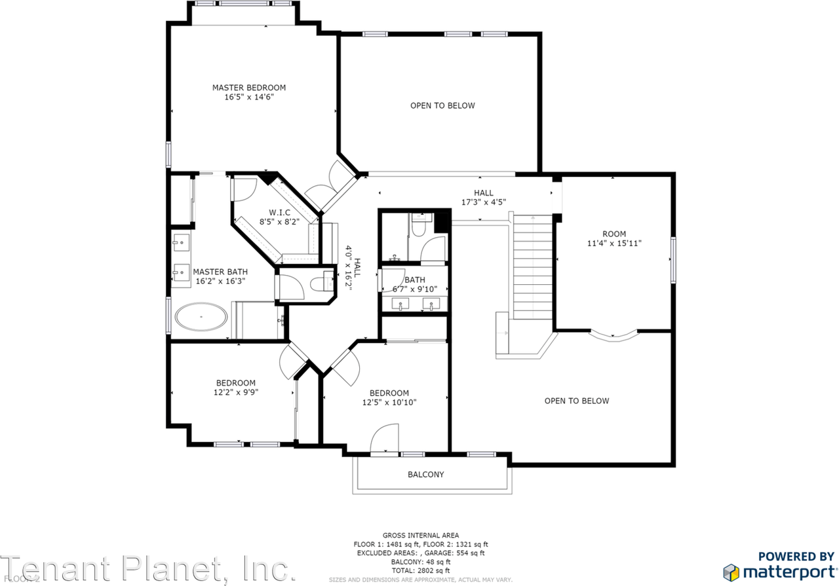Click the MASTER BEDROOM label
248,88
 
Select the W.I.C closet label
279,213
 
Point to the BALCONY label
426,475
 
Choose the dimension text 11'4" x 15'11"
614,244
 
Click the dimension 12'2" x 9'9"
236,393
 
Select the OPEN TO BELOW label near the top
442,105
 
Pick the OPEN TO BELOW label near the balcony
576,401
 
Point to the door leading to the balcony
385,439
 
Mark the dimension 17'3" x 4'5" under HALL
484,202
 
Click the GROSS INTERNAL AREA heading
421,535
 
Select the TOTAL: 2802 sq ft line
421,571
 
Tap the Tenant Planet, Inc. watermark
147,568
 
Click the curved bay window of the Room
614,335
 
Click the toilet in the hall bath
419,224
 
